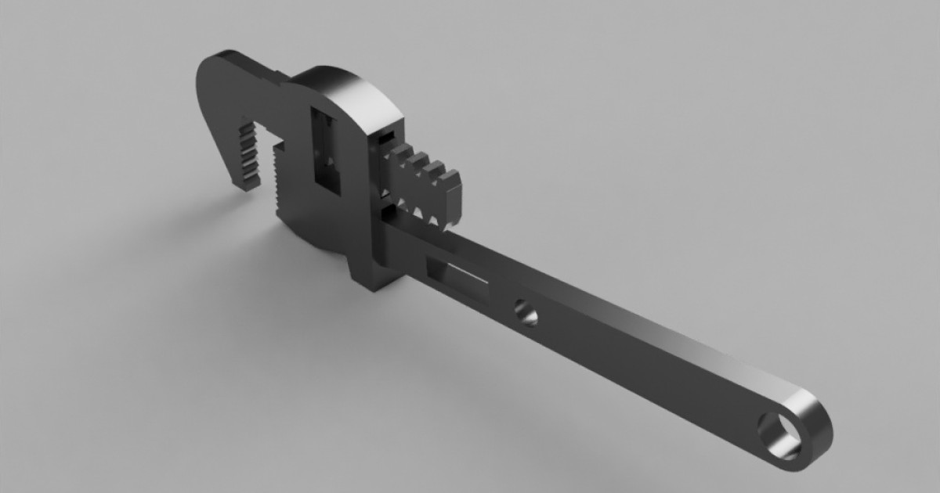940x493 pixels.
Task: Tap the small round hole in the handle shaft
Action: coord(526,311)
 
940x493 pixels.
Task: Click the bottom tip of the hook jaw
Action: coord(247,185)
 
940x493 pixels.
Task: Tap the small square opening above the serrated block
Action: coord(385,138)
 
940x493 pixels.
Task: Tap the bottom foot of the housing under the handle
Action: coord(368,278)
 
